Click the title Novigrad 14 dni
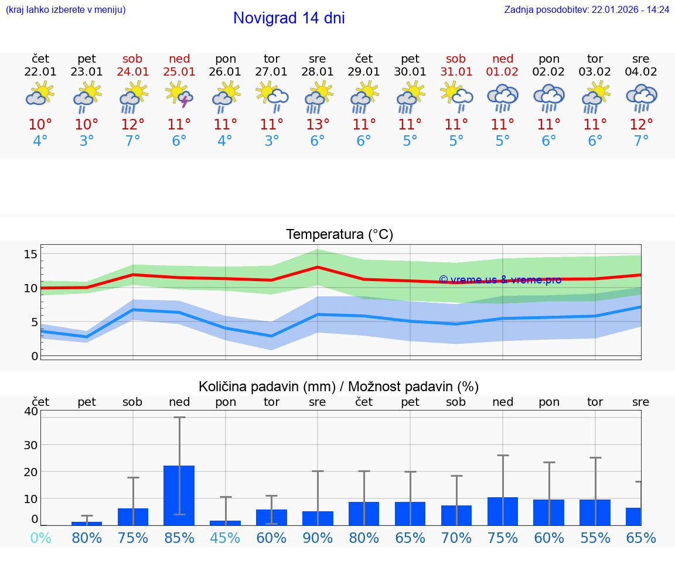289,18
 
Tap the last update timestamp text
587,10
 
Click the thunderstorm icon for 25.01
179,95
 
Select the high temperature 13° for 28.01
318,125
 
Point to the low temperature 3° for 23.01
87,141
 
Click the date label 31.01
456,72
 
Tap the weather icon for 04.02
641,97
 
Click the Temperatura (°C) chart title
339,235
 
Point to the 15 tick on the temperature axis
30,254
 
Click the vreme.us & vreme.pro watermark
500,280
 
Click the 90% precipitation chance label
318,538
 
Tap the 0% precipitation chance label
40,538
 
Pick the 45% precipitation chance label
226,538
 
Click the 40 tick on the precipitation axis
30,411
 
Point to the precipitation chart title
339,387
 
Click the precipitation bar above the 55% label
595,512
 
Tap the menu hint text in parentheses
66,10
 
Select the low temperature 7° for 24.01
133,141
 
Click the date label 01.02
502,72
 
